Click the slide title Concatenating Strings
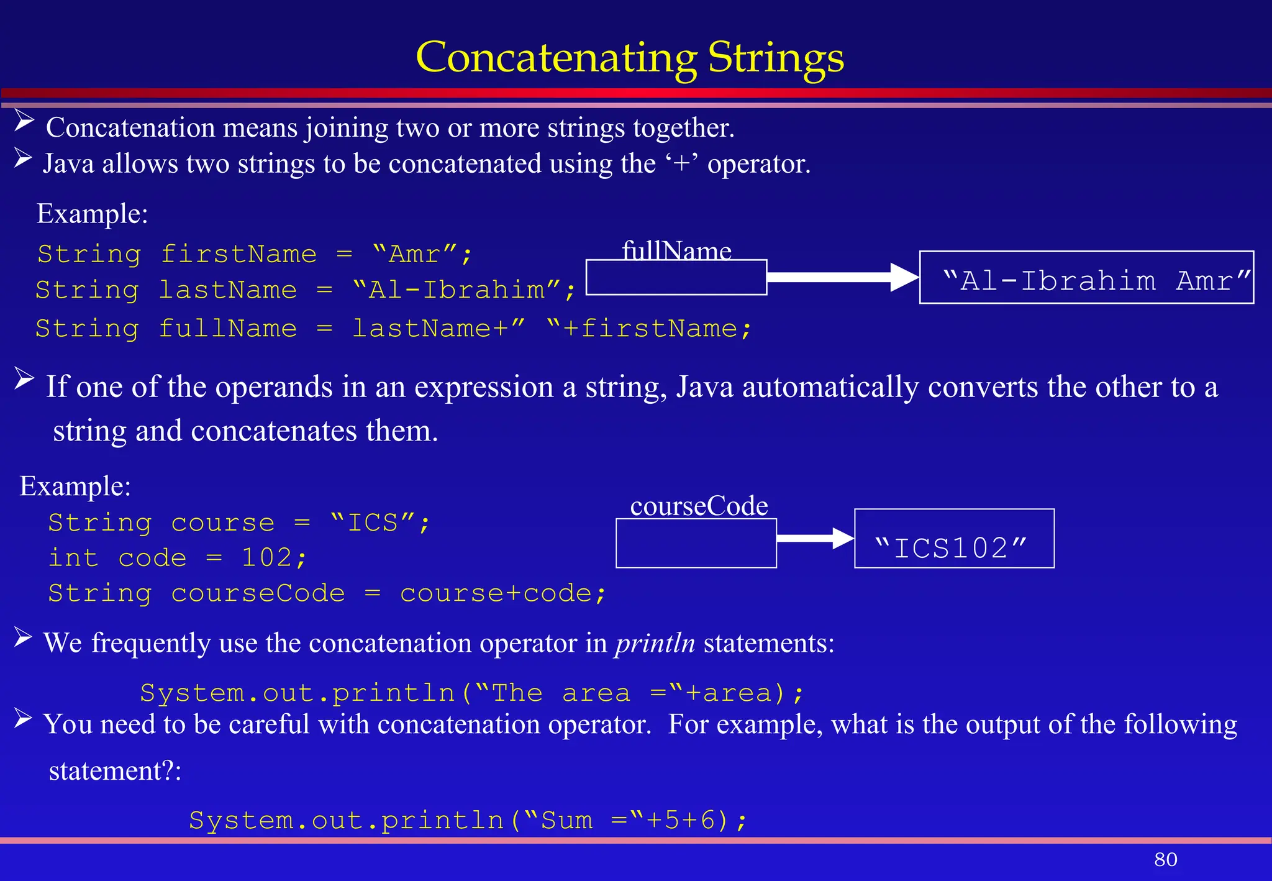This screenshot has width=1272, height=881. click(x=630, y=57)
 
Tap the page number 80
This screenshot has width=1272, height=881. click(x=1165, y=859)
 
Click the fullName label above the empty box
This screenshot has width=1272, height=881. click(x=676, y=250)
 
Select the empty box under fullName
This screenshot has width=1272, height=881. click(x=676, y=278)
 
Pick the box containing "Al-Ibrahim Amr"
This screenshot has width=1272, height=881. click(x=1086, y=278)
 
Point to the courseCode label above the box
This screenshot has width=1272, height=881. click(x=699, y=506)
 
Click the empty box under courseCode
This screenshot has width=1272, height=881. click(x=696, y=543)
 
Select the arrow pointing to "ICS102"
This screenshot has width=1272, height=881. click(x=815, y=538)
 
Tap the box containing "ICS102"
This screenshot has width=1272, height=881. click(x=954, y=539)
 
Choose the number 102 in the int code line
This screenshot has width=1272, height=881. click(x=266, y=557)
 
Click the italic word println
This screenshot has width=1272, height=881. click(x=655, y=642)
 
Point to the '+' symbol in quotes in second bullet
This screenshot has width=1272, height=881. click(x=682, y=164)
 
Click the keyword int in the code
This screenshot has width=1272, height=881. click(x=73, y=557)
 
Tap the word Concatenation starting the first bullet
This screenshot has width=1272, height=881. click(x=130, y=128)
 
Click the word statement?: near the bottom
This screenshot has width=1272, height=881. click(x=115, y=771)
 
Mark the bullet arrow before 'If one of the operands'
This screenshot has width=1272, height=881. click(x=24, y=378)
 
